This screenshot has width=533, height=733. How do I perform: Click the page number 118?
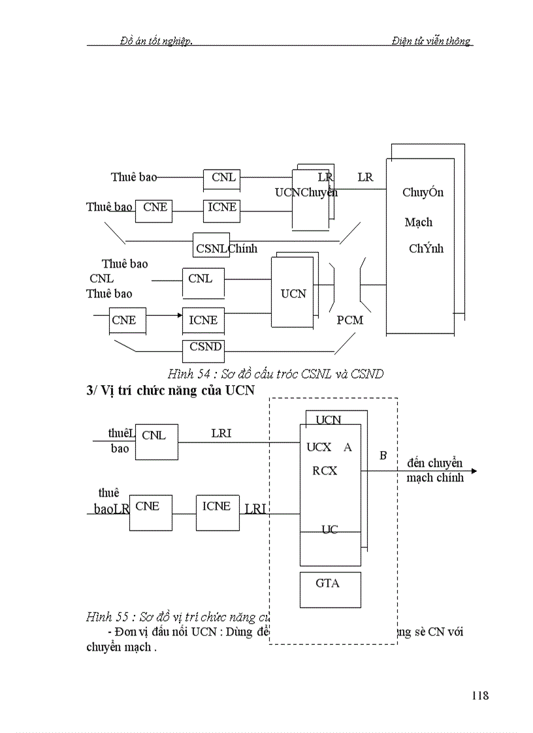coord(479,695)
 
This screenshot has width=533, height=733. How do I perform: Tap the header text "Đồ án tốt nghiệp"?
coord(156,40)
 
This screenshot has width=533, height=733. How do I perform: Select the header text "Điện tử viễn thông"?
coord(431,40)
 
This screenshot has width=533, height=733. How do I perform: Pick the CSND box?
coord(203,351)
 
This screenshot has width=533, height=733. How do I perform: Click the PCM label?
coord(350,320)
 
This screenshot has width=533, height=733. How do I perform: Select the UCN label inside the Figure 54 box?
coord(293,294)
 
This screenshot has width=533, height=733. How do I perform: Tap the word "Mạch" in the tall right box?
coord(419,222)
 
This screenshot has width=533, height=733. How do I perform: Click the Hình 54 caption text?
coord(275,374)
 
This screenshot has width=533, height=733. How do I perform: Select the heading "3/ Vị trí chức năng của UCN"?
coord(170,390)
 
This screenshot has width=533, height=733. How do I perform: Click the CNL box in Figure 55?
coord(156,441)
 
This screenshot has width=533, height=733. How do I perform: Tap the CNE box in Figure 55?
coord(151,512)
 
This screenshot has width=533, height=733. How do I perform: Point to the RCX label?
coord(325,471)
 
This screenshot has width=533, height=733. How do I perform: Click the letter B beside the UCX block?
coord(383,455)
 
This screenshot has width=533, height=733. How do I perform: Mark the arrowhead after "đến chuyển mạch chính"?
coord(474,471)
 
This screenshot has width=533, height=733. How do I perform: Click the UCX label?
coord(319,448)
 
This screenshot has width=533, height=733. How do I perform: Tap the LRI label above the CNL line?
coord(221,433)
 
